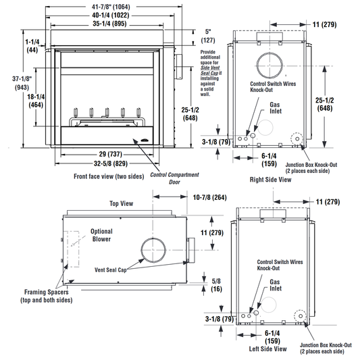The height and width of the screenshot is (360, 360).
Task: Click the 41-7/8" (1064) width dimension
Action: point(111,7)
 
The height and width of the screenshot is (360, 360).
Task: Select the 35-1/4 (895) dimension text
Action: point(109,24)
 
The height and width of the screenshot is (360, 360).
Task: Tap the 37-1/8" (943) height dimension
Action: point(22,83)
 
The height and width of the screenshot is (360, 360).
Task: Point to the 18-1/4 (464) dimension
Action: point(36,101)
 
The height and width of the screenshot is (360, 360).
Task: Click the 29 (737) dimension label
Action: point(111,154)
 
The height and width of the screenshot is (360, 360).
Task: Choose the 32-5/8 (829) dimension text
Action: point(111,163)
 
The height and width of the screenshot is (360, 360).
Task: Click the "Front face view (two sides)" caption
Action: point(109,176)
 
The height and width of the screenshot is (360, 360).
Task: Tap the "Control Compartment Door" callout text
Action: point(174,178)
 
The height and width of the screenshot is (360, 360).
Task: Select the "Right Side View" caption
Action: point(270,180)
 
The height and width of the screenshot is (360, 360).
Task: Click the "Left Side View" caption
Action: point(268,349)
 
